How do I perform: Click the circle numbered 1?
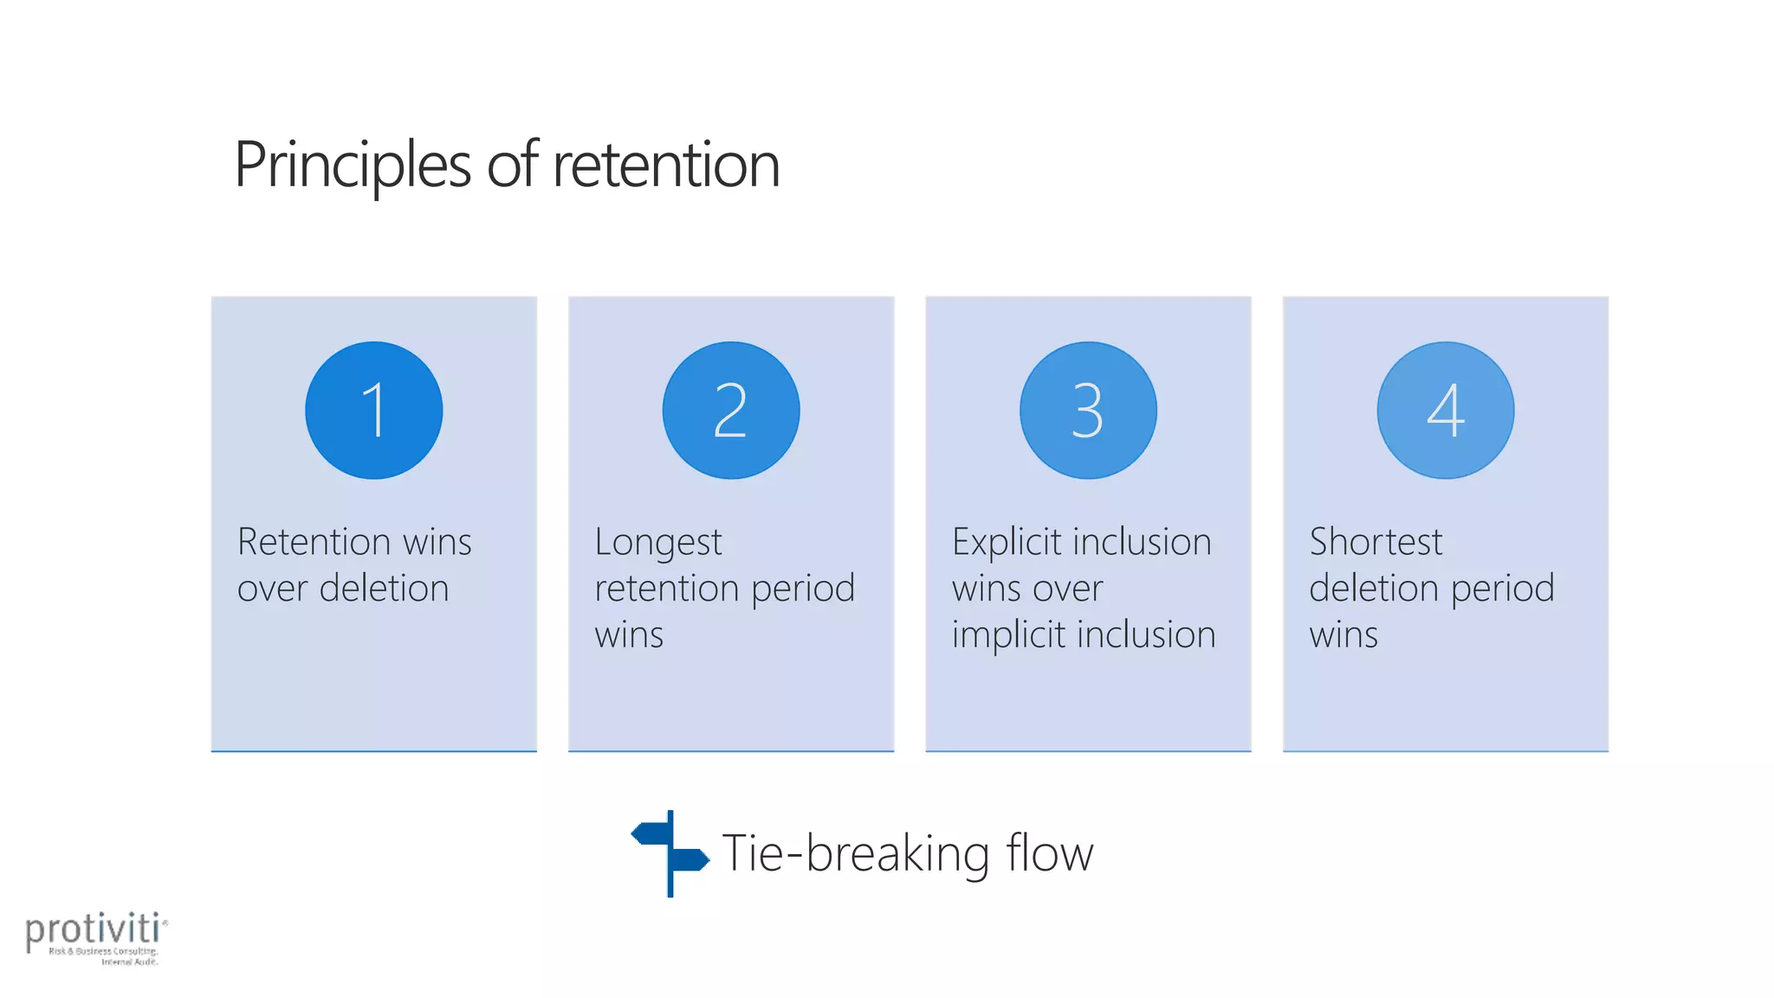pyautogui.click(x=373, y=410)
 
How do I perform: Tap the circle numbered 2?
pyautogui.click(x=730, y=410)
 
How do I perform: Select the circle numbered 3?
pyautogui.click(x=1088, y=410)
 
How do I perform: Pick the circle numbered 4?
pyautogui.click(x=1445, y=410)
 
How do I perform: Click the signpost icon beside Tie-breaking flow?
pyautogui.click(x=670, y=853)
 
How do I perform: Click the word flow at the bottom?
pyautogui.click(x=1049, y=853)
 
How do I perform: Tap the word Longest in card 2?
pyautogui.click(x=657, y=542)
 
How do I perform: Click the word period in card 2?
pyautogui.click(x=802, y=589)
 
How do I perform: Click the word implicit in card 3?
pyautogui.click(x=1008, y=635)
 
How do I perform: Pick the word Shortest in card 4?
pyautogui.click(x=1376, y=542)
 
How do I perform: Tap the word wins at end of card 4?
pyautogui.click(x=1343, y=635)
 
